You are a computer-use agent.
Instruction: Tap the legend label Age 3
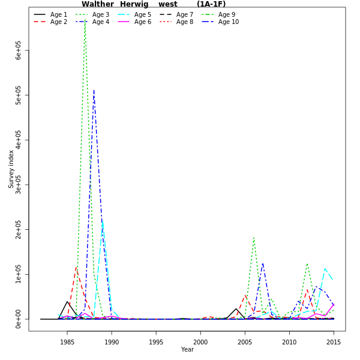point(101,14)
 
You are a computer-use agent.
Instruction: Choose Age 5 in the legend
point(143,14)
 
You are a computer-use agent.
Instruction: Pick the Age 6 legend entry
point(143,22)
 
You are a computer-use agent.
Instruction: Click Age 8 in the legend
point(185,22)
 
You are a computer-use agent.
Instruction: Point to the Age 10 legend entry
point(228,22)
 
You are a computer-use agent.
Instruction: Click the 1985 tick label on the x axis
point(67,342)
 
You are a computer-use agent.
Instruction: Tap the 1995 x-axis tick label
point(156,342)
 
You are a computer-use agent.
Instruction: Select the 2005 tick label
point(245,342)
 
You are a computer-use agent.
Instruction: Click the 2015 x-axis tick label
point(333,342)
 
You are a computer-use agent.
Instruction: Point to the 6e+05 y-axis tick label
point(19,50)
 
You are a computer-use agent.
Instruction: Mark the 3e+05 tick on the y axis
point(19,185)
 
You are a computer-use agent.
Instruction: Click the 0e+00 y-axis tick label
point(19,319)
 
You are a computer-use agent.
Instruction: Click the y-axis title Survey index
point(11,169)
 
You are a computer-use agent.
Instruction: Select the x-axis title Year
point(187,350)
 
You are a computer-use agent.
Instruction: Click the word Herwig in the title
point(134,4)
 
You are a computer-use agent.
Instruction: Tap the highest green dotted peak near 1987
point(85,19)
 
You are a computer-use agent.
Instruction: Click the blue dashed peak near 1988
point(94,90)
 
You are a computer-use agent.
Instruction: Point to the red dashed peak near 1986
point(76,267)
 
